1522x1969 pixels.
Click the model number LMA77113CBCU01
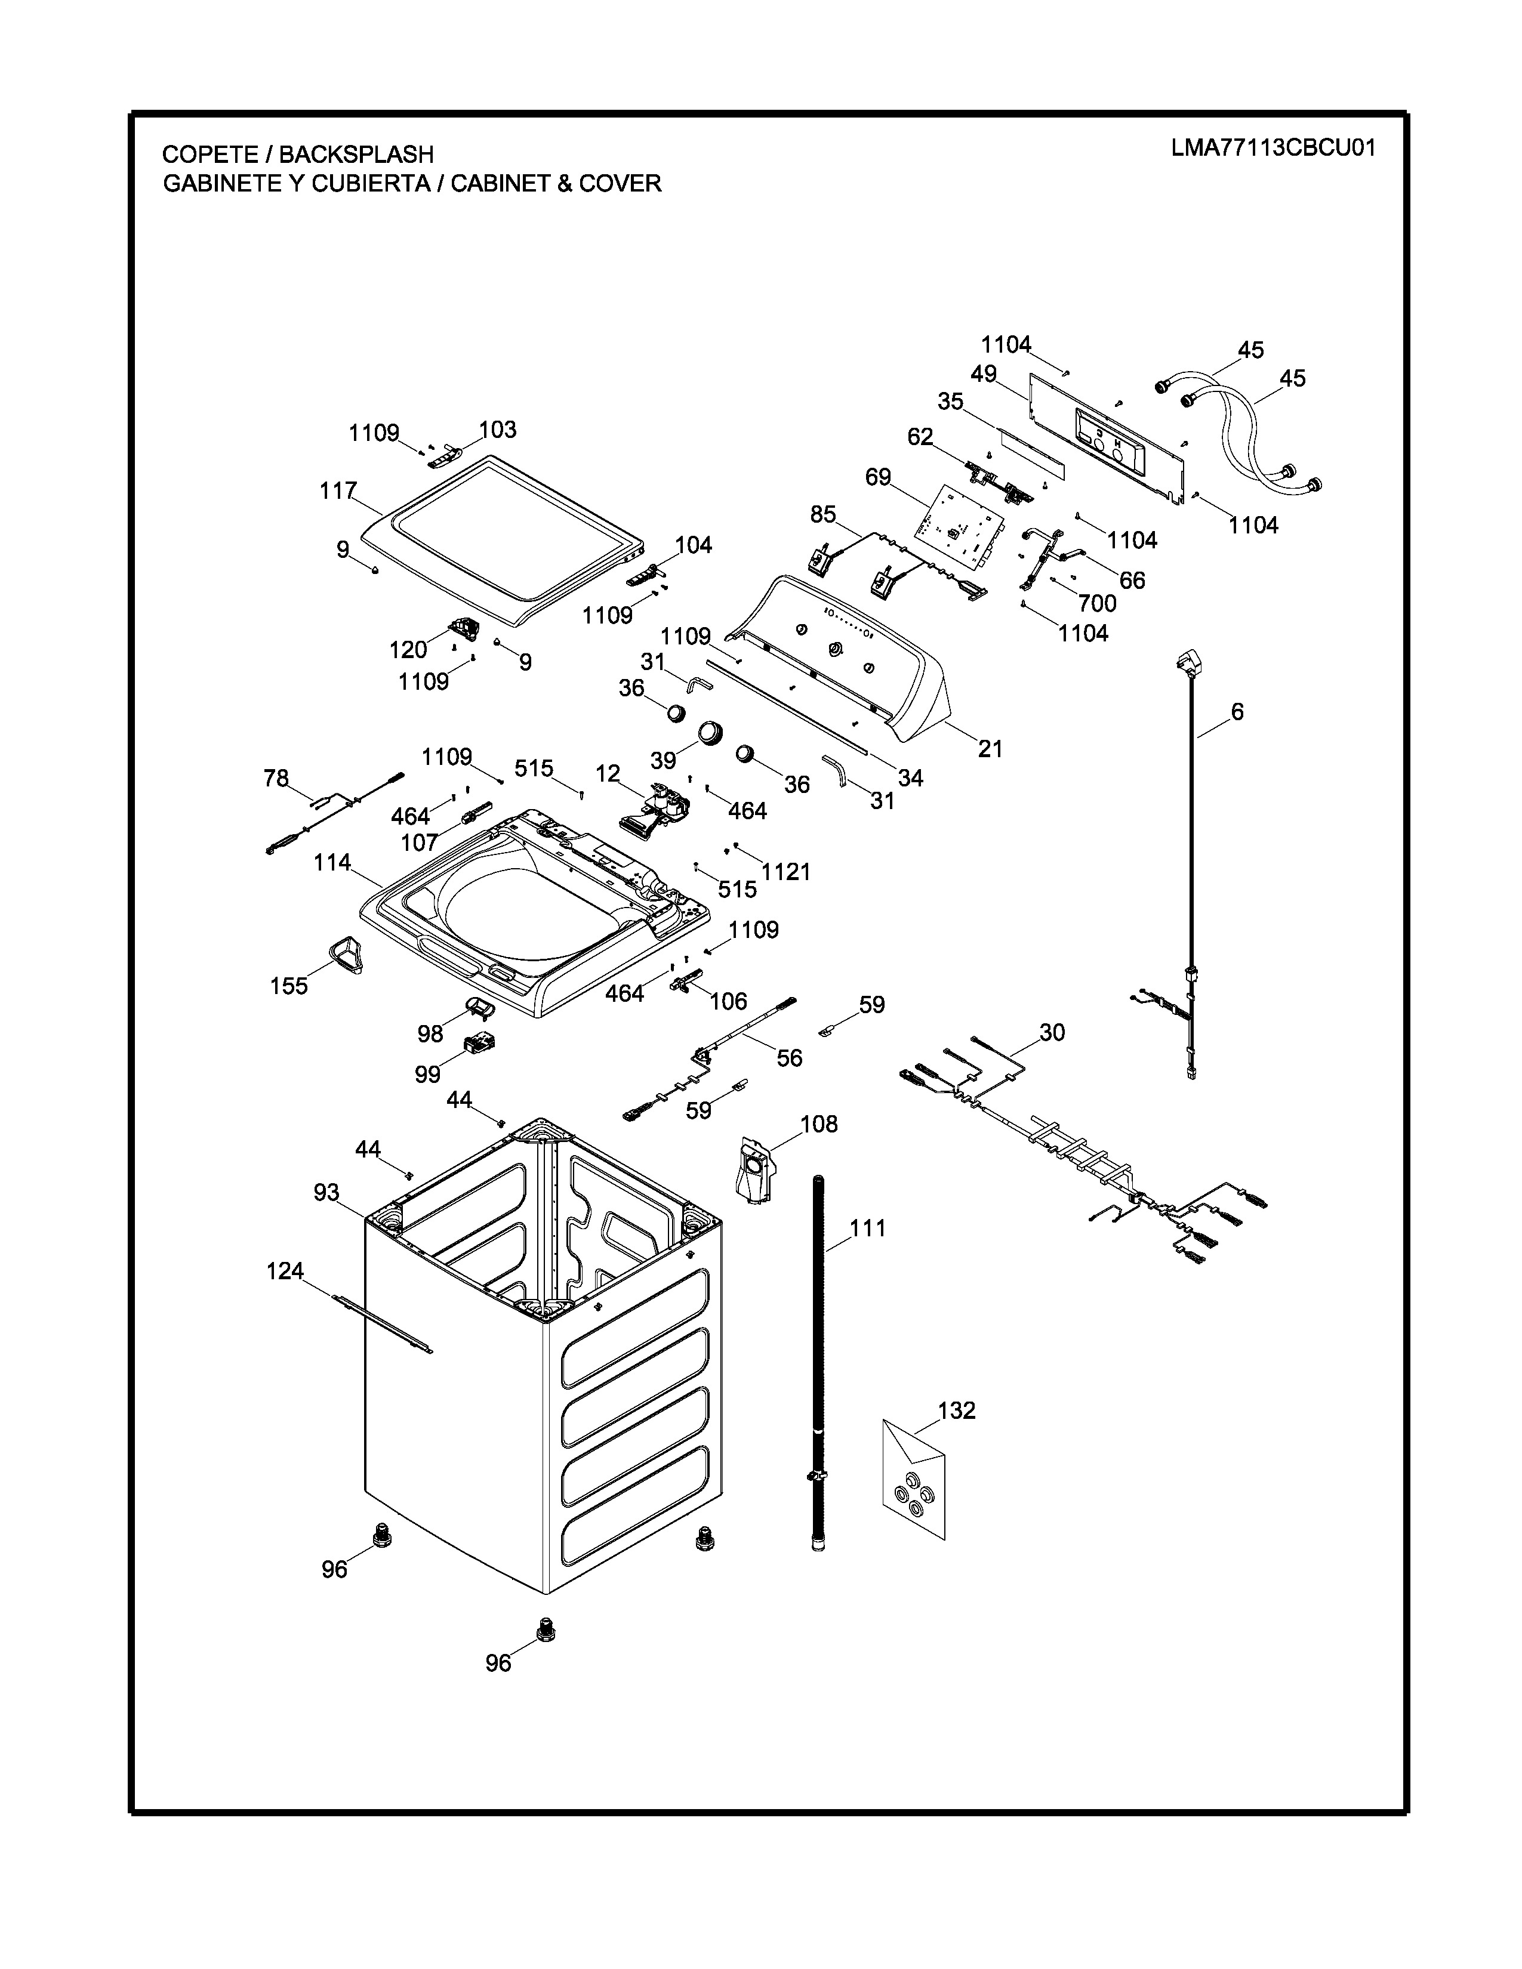tap(1273, 149)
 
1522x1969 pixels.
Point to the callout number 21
tap(990, 748)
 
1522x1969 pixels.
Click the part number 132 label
tap(957, 1410)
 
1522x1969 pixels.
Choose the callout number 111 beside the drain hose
tap(867, 1228)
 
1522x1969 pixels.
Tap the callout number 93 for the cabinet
tap(326, 1193)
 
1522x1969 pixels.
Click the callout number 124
tap(285, 1271)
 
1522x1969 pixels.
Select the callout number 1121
tap(786, 872)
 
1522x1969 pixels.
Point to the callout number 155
tap(289, 986)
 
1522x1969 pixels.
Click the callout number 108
tap(819, 1124)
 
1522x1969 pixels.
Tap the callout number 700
tap(1097, 603)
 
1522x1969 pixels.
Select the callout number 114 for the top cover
tap(332, 863)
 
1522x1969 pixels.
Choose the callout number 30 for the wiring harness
tap(1052, 1032)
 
